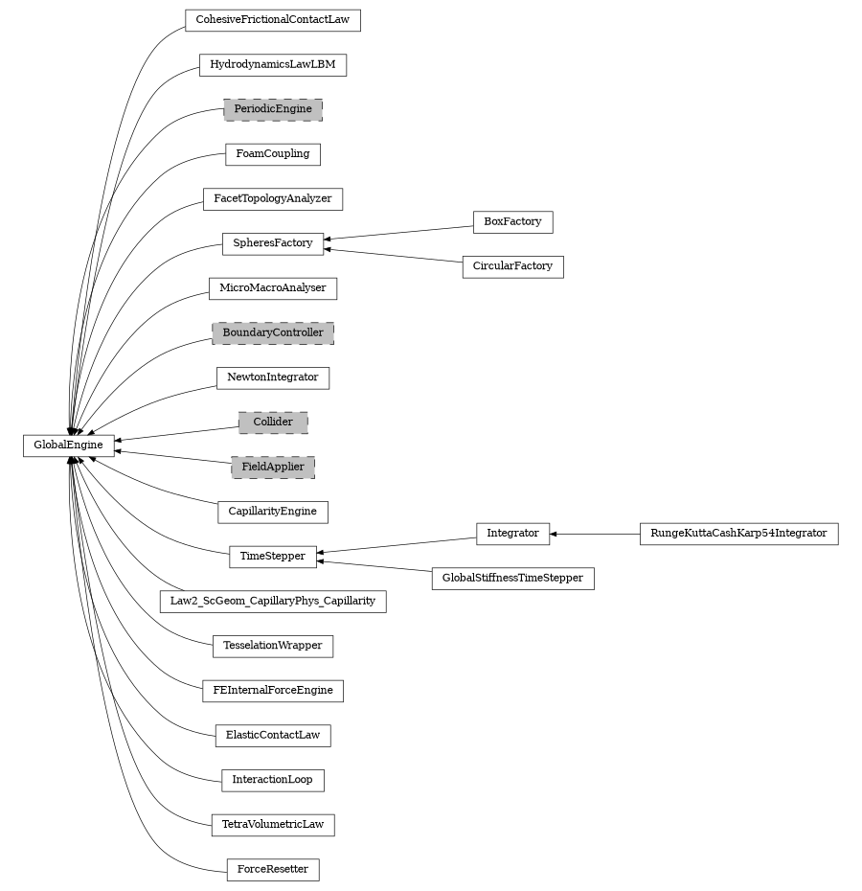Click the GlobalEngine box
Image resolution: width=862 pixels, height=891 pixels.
69,445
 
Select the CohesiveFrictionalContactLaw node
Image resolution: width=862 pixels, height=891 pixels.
272,20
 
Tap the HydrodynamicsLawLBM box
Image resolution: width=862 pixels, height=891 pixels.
272,65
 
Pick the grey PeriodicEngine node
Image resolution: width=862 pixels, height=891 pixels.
272,109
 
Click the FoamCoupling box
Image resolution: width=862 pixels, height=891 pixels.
272,154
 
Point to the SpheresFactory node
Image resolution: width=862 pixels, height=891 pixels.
272,243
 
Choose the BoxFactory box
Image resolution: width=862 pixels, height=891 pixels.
512,221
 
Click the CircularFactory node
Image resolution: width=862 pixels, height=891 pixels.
512,266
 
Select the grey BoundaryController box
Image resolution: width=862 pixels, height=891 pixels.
272,333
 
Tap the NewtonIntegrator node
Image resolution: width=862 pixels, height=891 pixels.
272,377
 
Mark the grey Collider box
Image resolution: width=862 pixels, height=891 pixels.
272,423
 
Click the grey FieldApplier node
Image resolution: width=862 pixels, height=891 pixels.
272,468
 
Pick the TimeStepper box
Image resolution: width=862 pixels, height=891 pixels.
272,557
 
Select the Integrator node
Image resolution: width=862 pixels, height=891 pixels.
512,534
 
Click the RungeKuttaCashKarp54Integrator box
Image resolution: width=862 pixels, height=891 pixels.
738,534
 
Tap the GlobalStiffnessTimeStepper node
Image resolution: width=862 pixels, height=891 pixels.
512,579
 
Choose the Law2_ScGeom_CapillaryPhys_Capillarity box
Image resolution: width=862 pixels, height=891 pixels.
272,602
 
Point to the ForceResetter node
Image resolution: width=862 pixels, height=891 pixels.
272,870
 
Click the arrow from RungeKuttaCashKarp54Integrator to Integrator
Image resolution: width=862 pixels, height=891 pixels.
595,534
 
